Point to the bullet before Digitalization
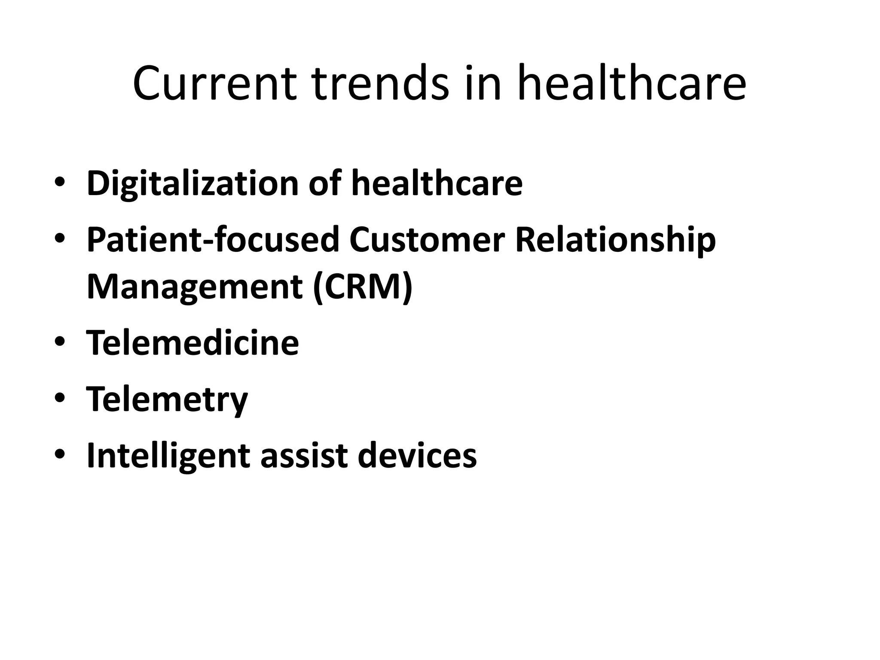[x=60, y=182]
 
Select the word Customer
[x=427, y=239]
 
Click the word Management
[x=195, y=287]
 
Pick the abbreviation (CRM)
[x=363, y=287]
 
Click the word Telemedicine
[x=192, y=342]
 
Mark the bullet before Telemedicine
[x=60, y=342]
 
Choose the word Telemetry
[x=167, y=399]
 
